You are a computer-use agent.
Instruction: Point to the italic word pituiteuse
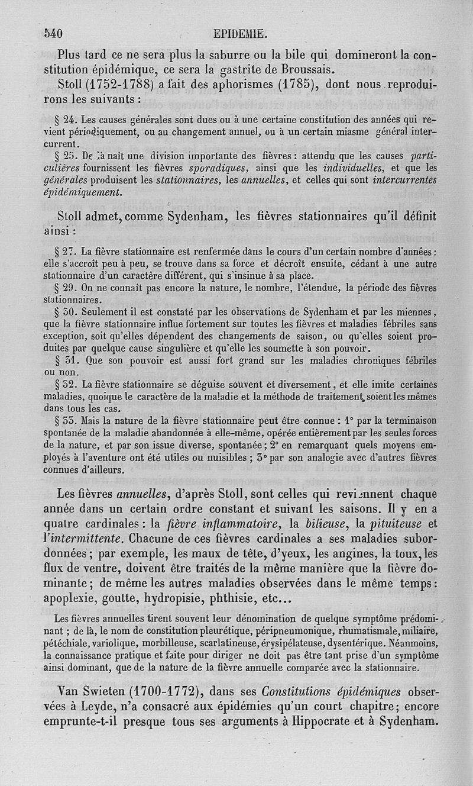(396, 523)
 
